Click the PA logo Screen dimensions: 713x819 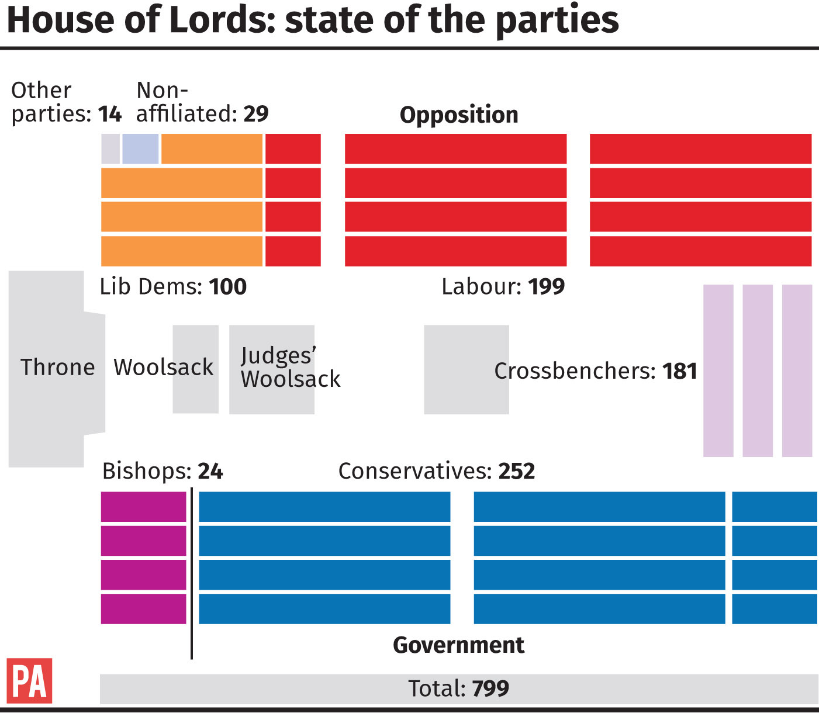29,680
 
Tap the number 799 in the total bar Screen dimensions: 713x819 490,688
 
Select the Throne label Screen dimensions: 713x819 57,368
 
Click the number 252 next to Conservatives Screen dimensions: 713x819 517,471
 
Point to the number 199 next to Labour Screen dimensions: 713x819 547,286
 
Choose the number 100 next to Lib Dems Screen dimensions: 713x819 228,286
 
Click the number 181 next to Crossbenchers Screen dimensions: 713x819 680,371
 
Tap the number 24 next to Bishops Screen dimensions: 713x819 210,471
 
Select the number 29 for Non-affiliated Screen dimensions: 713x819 256,113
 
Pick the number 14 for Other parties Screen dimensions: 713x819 110,113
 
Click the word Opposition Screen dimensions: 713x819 459,115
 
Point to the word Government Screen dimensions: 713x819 458,645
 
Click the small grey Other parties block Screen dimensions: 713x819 110,149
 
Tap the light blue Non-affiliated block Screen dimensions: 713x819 140,149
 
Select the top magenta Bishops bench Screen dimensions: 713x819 143,507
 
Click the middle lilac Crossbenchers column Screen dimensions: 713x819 758,371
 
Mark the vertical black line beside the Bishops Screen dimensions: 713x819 192,573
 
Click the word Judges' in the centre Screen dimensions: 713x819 278,355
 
